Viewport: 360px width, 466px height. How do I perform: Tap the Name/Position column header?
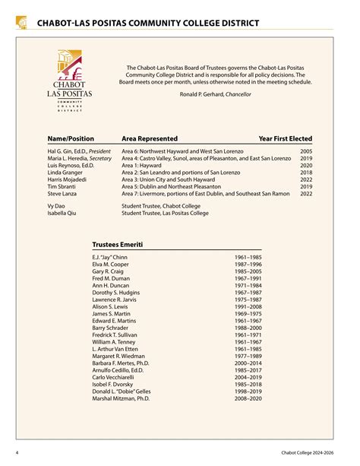(x=70, y=139)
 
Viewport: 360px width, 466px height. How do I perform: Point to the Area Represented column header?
(x=150, y=139)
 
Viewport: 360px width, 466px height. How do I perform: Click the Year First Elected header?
(x=285, y=139)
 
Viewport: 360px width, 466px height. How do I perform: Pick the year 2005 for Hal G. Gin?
(x=306, y=151)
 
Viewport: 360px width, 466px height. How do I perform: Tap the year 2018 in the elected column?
(x=306, y=172)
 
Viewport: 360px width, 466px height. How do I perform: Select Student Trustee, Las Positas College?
(x=165, y=214)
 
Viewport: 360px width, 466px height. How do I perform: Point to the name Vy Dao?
(x=56, y=206)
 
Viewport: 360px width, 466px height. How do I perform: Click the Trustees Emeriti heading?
(x=117, y=245)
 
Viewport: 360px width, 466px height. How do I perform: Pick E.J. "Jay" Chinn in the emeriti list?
(x=109, y=258)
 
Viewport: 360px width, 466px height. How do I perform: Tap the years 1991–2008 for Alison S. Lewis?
(x=248, y=306)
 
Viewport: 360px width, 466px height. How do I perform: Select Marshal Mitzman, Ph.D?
(x=121, y=398)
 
